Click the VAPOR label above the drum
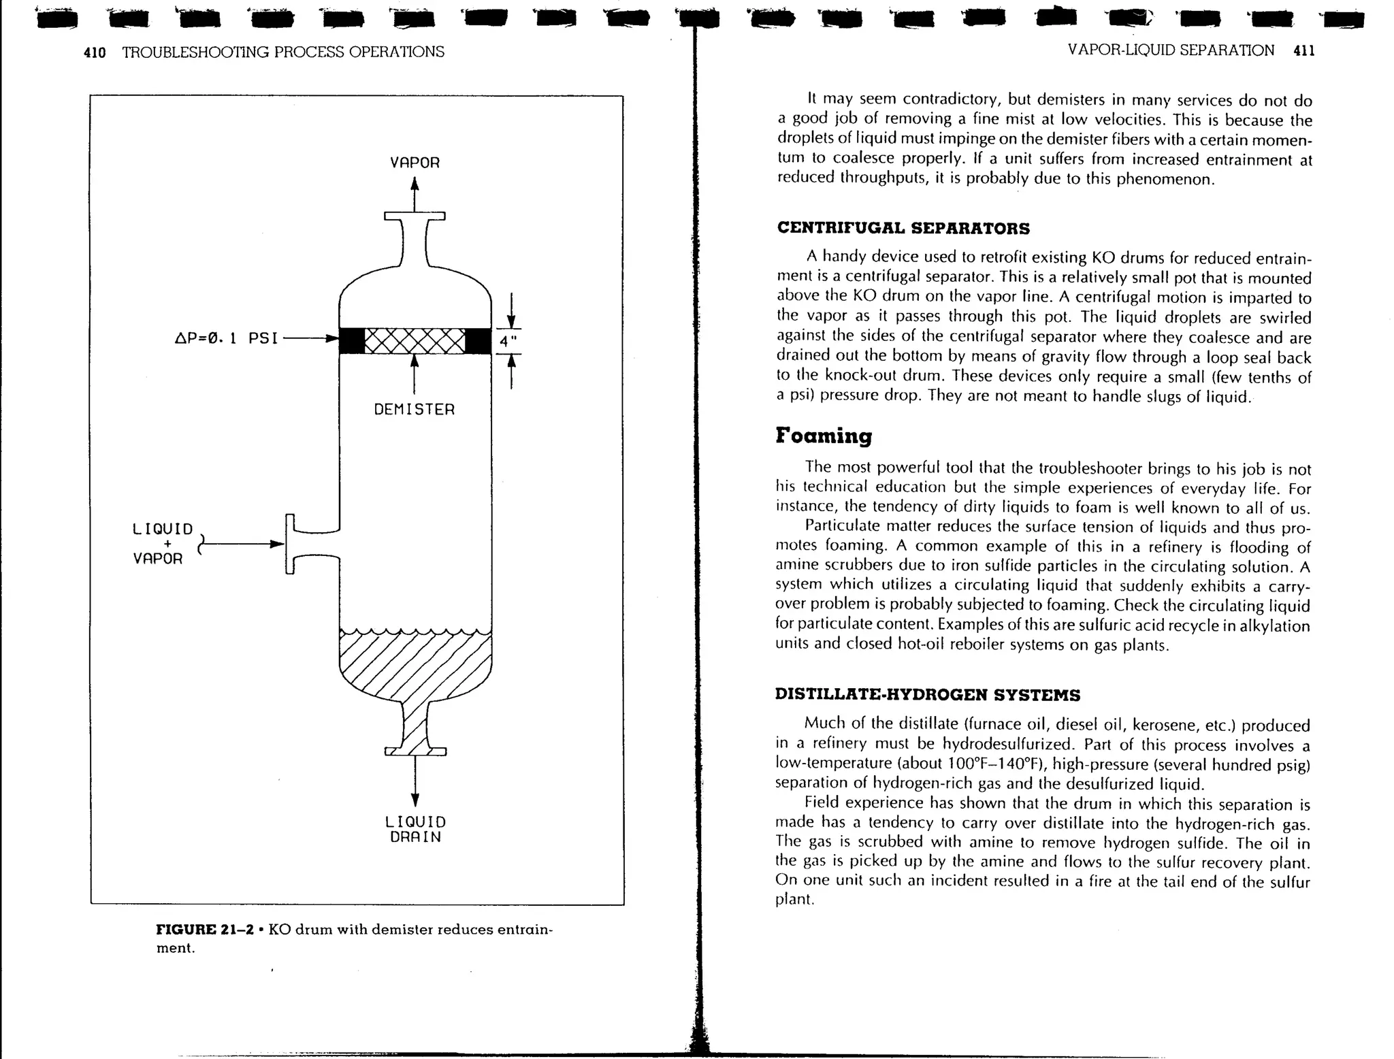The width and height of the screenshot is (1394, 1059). (x=415, y=163)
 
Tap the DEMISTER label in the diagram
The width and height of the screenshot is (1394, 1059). (x=414, y=410)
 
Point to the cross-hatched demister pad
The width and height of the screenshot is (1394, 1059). (x=415, y=341)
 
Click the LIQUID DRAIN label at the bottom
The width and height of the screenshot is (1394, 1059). (x=415, y=830)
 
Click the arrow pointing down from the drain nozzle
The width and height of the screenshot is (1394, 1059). (x=415, y=783)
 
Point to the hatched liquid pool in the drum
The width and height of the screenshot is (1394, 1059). (x=415, y=664)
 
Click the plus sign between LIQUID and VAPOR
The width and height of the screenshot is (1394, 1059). (x=167, y=544)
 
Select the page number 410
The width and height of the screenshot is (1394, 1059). (x=95, y=52)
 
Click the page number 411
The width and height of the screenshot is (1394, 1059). (x=1303, y=50)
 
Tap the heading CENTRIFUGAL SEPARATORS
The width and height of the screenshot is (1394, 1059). (x=903, y=229)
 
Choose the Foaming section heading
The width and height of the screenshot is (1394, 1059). (x=824, y=436)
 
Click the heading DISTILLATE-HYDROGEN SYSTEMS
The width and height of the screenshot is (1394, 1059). (x=927, y=695)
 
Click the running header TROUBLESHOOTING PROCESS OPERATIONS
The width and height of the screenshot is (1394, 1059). (x=283, y=52)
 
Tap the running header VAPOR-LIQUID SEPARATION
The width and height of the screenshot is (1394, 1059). (x=1171, y=50)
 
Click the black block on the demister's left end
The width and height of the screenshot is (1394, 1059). (x=352, y=341)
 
